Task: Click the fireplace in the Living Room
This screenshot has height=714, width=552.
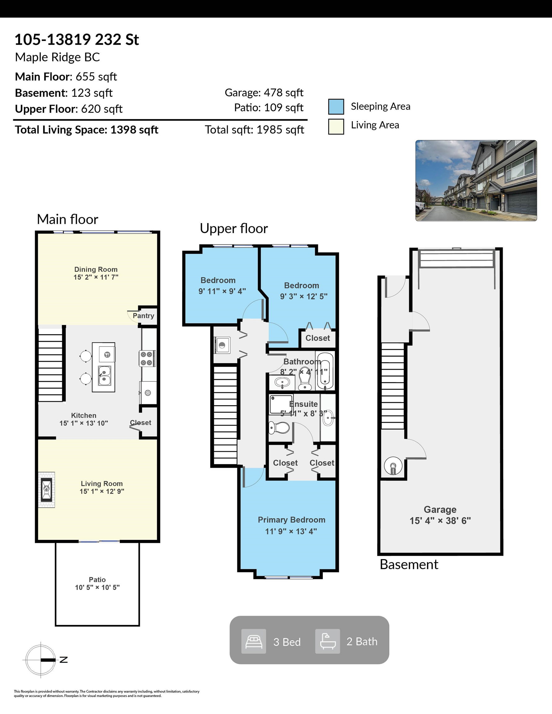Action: (47, 489)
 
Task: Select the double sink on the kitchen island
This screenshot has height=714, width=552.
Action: (105, 376)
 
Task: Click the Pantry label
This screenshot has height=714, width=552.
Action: (143, 316)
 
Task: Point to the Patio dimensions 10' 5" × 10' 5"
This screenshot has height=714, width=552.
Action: (97, 587)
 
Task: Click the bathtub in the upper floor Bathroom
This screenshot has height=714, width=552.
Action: (325, 371)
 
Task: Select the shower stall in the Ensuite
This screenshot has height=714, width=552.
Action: (281, 404)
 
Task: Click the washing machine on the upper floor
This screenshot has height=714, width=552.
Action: (222, 345)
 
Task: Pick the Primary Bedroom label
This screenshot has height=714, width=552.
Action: (292, 520)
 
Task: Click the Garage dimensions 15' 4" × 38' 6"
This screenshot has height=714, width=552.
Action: (440, 520)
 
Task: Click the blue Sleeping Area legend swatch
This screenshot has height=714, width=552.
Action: (336, 107)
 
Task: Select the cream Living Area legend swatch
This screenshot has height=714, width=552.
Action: (336, 126)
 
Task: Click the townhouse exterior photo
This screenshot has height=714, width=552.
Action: (476, 180)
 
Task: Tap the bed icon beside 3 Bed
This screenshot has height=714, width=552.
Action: (254, 641)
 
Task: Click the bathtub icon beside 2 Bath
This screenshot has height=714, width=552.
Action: (327, 641)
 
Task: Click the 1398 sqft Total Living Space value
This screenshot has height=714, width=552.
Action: (134, 130)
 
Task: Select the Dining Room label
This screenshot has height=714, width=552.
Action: (96, 269)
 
